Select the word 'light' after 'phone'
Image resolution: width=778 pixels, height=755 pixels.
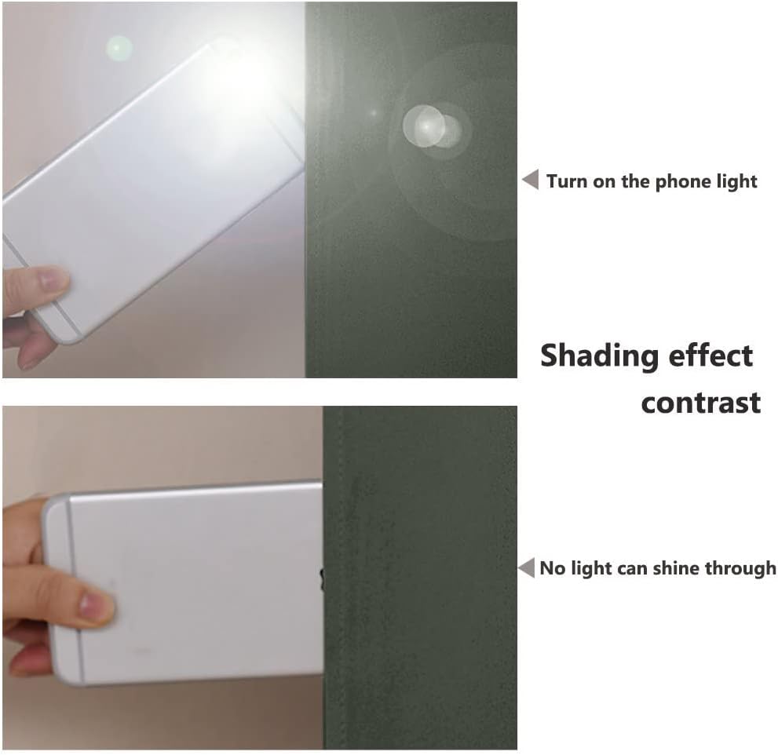pyautogui.click(x=732, y=182)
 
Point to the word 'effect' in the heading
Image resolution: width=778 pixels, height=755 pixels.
pyautogui.click(x=710, y=356)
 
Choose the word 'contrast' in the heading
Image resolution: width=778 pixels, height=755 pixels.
pyautogui.click(x=700, y=403)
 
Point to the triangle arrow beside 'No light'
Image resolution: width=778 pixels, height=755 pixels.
pyautogui.click(x=527, y=567)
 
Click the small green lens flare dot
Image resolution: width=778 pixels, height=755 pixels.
pyautogui.click(x=119, y=49)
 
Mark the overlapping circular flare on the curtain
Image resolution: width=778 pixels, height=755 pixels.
pyautogui.click(x=431, y=126)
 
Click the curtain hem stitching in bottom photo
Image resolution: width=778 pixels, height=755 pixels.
pyautogui.click(x=339, y=578)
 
